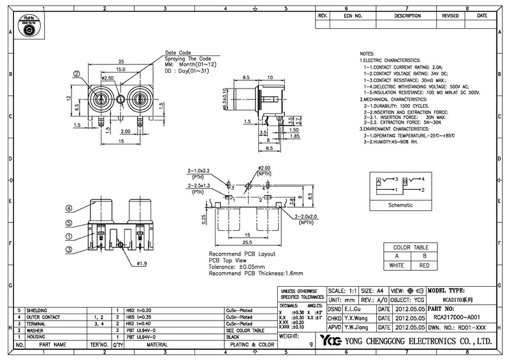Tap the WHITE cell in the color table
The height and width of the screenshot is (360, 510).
point(397,264)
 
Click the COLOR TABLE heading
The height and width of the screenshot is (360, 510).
point(411,247)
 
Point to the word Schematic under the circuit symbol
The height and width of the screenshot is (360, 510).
point(401,205)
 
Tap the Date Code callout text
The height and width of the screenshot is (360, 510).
point(178,52)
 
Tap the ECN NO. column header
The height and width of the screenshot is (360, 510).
point(353,15)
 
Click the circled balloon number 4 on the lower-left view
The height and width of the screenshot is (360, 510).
point(68,208)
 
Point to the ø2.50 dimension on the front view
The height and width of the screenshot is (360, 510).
point(107,78)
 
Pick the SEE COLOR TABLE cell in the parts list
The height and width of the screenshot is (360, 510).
point(244,331)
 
